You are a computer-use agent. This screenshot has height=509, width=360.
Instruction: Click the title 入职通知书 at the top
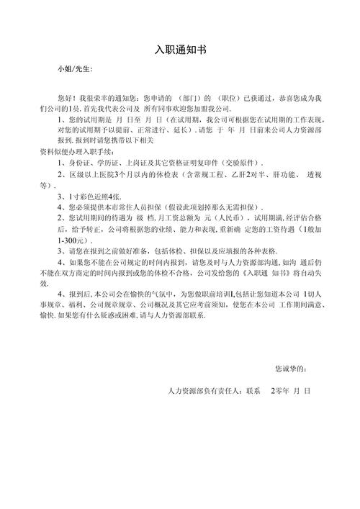click(180, 50)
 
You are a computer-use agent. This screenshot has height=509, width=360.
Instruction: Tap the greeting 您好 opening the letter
click(66, 96)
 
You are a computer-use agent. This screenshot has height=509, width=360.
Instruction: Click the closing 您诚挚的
click(290, 369)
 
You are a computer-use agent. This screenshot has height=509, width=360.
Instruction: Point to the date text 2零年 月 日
click(289, 391)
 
